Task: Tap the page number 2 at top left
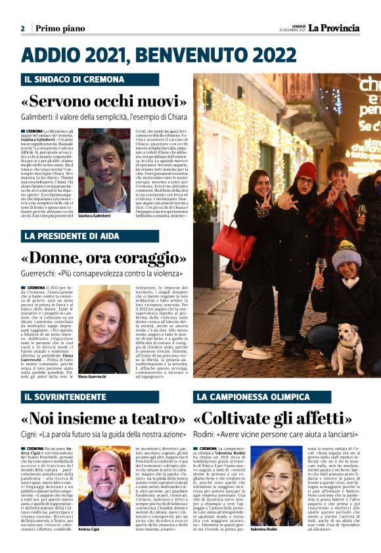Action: point(22,28)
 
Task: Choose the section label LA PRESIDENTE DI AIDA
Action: point(72,236)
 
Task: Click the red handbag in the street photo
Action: point(235,244)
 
